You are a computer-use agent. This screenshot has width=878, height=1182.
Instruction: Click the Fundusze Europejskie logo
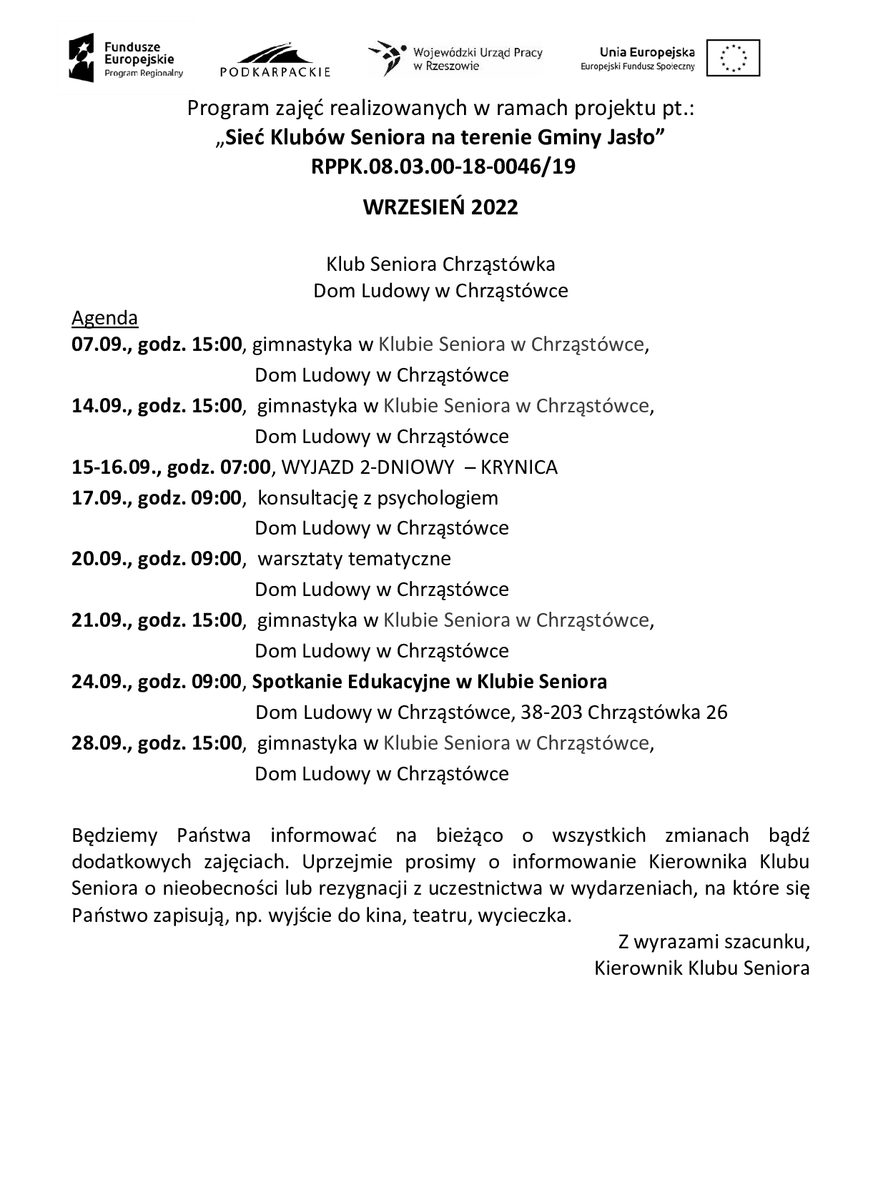(x=126, y=57)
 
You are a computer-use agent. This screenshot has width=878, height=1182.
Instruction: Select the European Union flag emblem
(x=733, y=58)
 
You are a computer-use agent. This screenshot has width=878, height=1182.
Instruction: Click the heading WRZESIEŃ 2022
(x=440, y=207)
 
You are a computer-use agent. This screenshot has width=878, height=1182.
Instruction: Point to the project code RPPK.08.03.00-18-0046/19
(x=443, y=167)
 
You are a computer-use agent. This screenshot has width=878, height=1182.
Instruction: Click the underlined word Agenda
(x=104, y=318)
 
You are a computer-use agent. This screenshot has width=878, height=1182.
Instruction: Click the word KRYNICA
(x=519, y=467)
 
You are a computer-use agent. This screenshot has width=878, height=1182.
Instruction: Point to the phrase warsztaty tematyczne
(x=354, y=558)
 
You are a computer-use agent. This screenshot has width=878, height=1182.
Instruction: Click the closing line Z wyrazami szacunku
(x=714, y=942)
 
